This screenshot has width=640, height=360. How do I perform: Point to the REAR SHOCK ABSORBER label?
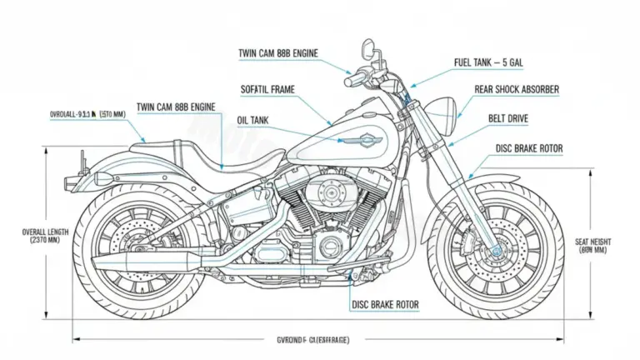pos(517,90)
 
